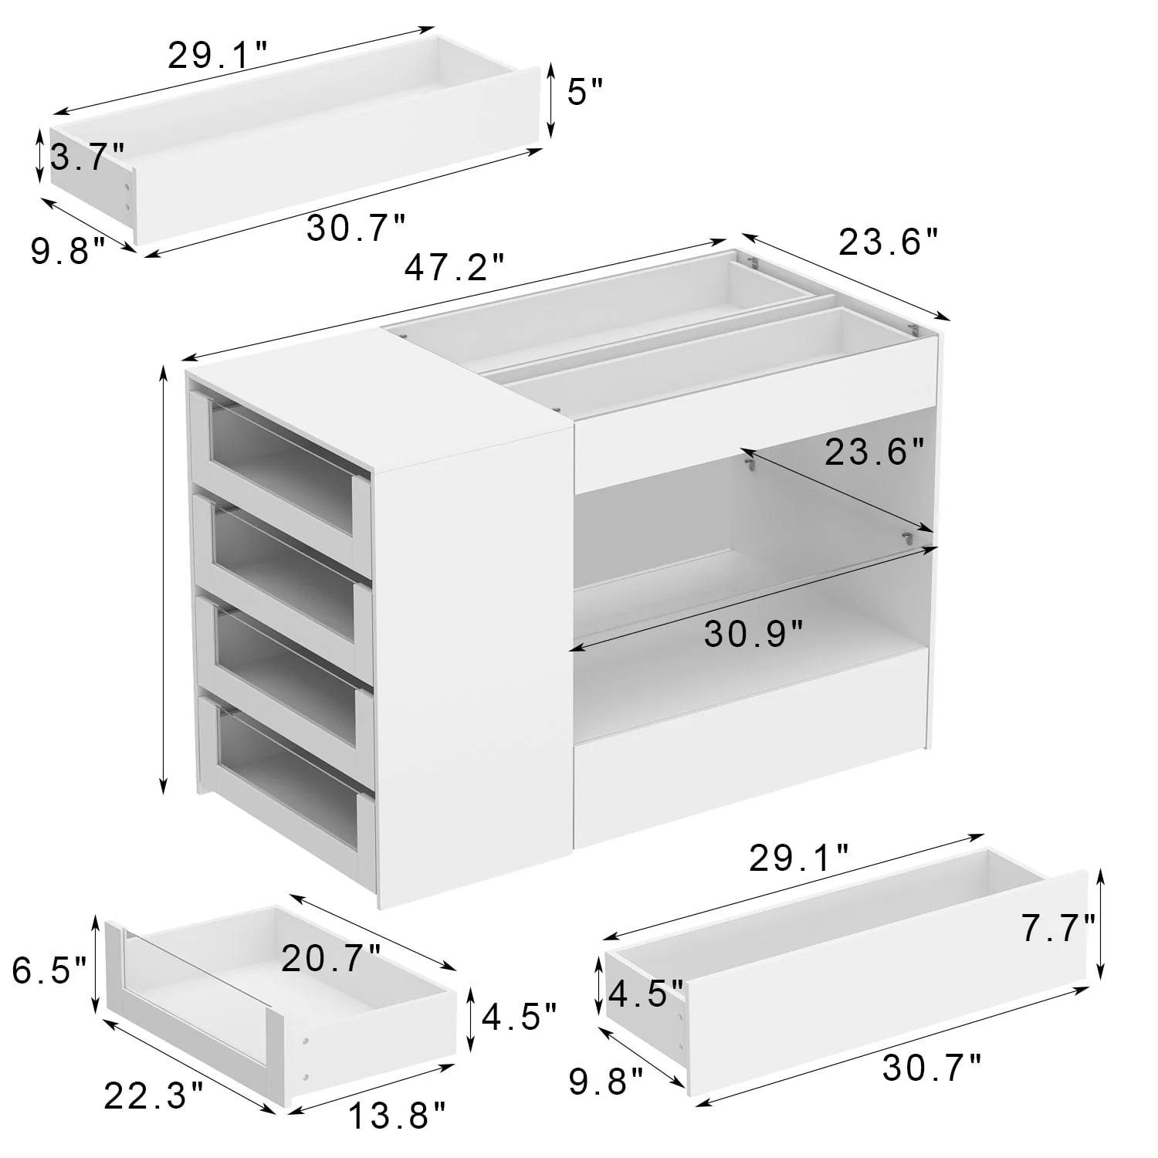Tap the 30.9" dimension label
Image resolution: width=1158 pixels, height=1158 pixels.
pyautogui.click(x=754, y=635)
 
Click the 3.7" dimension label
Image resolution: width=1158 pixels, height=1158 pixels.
pyautogui.click(x=86, y=157)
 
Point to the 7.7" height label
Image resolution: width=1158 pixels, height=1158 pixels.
pyautogui.click(x=1058, y=928)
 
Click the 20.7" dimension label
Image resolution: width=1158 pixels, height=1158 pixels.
pyautogui.click(x=331, y=960)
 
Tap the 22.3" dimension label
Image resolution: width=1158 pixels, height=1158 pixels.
pyautogui.click(x=154, y=1095)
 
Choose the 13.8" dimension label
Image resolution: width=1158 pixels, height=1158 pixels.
pyautogui.click(x=397, y=1116)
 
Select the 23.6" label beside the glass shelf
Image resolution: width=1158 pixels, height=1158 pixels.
pyautogui.click(x=874, y=452)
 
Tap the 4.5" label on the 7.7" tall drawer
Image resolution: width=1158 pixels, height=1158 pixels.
pyautogui.click(x=646, y=994)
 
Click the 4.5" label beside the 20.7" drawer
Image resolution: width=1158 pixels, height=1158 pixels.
pyautogui.click(x=519, y=1017)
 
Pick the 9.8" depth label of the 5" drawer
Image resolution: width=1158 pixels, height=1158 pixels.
pyautogui.click(x=68, y=251)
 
